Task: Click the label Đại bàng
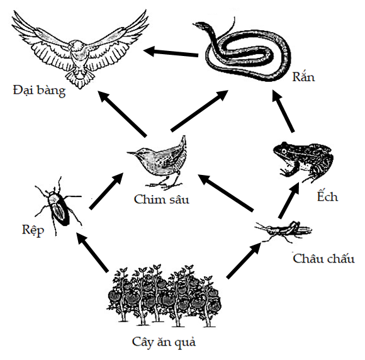pyautogui.click(x=39, y=91)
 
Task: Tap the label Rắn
pyautogui.click(x=303, y=76)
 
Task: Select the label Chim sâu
pyautogui.click(x=162, y=200)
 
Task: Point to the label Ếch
pyautogui.click(x=327, y=196)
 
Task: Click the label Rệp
pyautogui.click(x=33, y=230)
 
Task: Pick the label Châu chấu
pyautogui.click(x=323, y=259)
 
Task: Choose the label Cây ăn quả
pyautogui.click(x=164, y=342)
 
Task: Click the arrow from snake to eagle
pyautogui.click(x=171, y=52)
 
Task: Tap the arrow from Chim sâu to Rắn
pyautogui.click(x=199, y=111)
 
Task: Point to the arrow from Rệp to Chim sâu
pyautogui.click(x=106, y=191)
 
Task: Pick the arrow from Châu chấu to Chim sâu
pyautogui.click(x=225, y=193)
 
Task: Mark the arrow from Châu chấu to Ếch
pyautogui.click(x=289, y=201)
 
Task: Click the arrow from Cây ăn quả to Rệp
pyautogui.click(x=93, y=252)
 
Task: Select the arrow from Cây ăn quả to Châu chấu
pyautogui.click(x=244, y=260)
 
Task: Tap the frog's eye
pyautogui.click(x=284, y=151)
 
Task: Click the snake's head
pyautogui.click(x=200, y=25)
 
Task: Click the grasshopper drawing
pyautogui.click(x=283, y=231)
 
